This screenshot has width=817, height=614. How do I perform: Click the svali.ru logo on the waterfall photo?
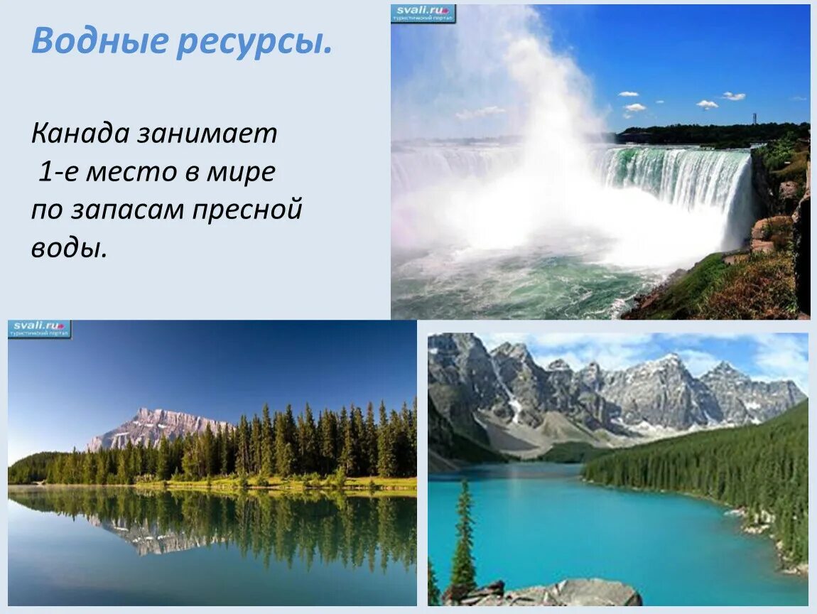423,13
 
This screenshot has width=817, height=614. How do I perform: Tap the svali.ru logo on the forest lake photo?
40,329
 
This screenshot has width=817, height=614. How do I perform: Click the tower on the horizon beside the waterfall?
754,118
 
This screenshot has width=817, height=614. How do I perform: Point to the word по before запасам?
45,211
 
